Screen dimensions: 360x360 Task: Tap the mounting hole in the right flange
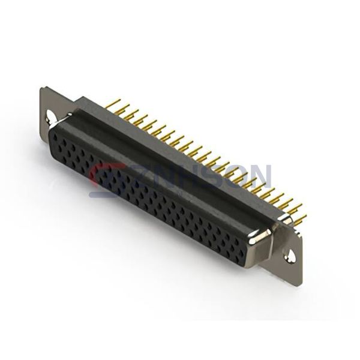pos(290,257)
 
